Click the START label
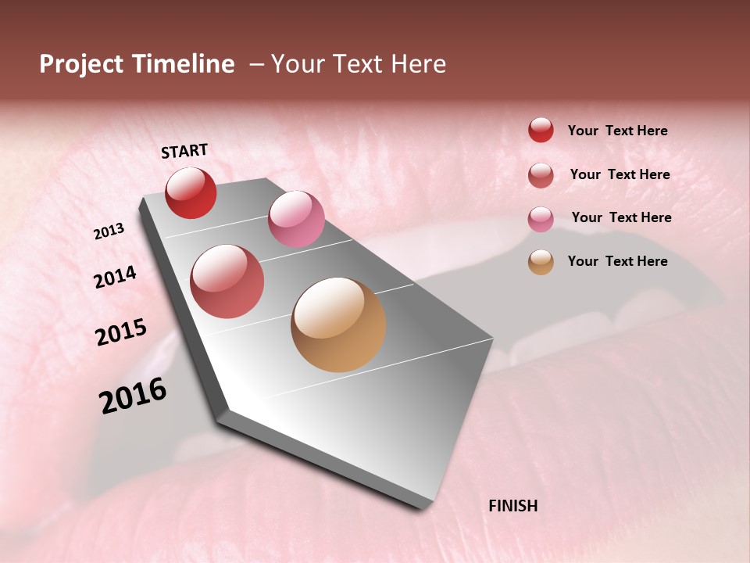coord(184,151)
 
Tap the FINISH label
coord(512,506)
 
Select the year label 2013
coord(109,231)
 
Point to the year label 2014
coord(115,277)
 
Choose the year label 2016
coord(133,395)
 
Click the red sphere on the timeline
coord(191,192)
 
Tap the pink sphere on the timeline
coord(296,219)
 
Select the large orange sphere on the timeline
coord(338,325)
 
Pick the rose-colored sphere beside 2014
coord(227,281)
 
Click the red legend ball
coord(541,130)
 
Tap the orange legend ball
coord(541,262)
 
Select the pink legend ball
coord(541,219)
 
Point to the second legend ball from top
coord(541,175)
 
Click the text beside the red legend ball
coord(617,131)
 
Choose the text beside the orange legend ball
coord(617,261)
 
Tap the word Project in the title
coord(81,64)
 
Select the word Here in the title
coord(418,64)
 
